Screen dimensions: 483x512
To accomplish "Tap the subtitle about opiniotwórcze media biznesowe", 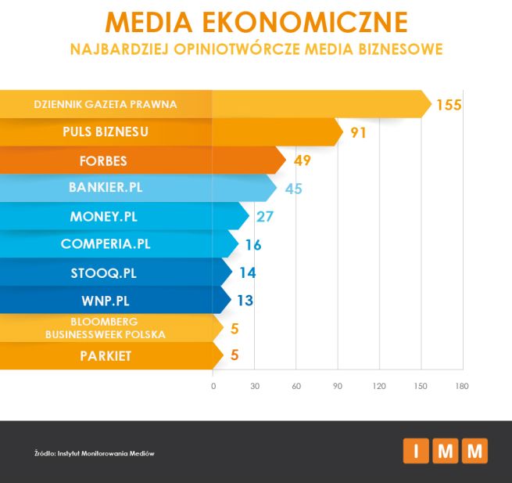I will point(256,49).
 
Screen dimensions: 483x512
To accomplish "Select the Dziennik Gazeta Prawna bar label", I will point(106,104).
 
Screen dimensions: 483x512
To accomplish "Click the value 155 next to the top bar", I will point(449,105).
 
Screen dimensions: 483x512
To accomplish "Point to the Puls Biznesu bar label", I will point(106,132).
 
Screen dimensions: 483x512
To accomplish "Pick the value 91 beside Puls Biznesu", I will point(358,132).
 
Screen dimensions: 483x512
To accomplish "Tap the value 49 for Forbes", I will point(303,161).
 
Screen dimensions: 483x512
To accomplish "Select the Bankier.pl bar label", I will point(106,188).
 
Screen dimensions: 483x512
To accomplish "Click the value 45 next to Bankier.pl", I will point(293,189).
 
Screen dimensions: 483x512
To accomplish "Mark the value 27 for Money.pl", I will point(265,216).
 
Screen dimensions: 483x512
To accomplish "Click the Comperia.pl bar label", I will point(106,243).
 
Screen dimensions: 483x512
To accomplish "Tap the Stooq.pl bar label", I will point(105,272).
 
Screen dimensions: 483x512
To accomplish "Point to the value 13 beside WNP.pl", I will point(245,300).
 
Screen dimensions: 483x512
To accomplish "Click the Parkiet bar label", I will point(105,356).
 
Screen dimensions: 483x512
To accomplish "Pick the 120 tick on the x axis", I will point(380,386).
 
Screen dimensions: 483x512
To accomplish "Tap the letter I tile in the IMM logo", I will point(415,451).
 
